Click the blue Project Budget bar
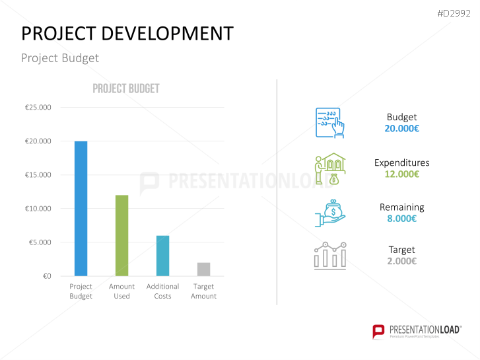point(81,208)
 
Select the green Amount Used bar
point(121,235)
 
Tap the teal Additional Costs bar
point(162,256)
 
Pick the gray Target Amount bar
point(203,269)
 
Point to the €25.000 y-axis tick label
point(38,108)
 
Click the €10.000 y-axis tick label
point(38,209)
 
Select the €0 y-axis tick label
point(46,276)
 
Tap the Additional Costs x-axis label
point(162,291)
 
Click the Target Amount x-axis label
point(203,291)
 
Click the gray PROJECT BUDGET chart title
point(125,89)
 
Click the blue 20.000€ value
point(401,129)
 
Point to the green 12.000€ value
point(401,174)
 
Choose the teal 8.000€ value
point(401,219)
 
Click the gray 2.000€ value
point(401,261)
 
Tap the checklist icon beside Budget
point(329,122)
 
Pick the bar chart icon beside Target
point(330,256)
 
